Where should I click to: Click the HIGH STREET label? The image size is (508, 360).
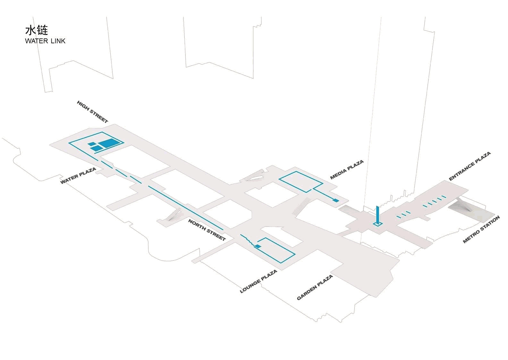(92, 112)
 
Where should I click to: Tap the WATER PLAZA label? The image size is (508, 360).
(78, 176)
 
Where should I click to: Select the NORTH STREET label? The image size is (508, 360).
(207, 230)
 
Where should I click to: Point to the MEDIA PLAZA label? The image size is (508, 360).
(347, 170)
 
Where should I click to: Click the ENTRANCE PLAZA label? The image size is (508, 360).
(470, 166)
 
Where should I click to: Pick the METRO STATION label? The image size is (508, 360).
(481, 230)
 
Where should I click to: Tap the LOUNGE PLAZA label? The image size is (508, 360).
(258, 281)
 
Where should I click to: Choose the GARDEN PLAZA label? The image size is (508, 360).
(315, 288)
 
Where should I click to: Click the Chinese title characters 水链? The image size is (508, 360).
(37, 30)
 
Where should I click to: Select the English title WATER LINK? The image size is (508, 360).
(45, 41)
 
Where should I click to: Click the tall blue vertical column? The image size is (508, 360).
(377, 215)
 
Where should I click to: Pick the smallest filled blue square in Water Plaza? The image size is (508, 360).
(91, 144)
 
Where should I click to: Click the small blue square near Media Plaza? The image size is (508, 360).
(336, 200)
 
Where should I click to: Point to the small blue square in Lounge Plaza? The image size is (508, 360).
(258, 246)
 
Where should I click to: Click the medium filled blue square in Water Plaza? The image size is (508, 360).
(97, 148)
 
